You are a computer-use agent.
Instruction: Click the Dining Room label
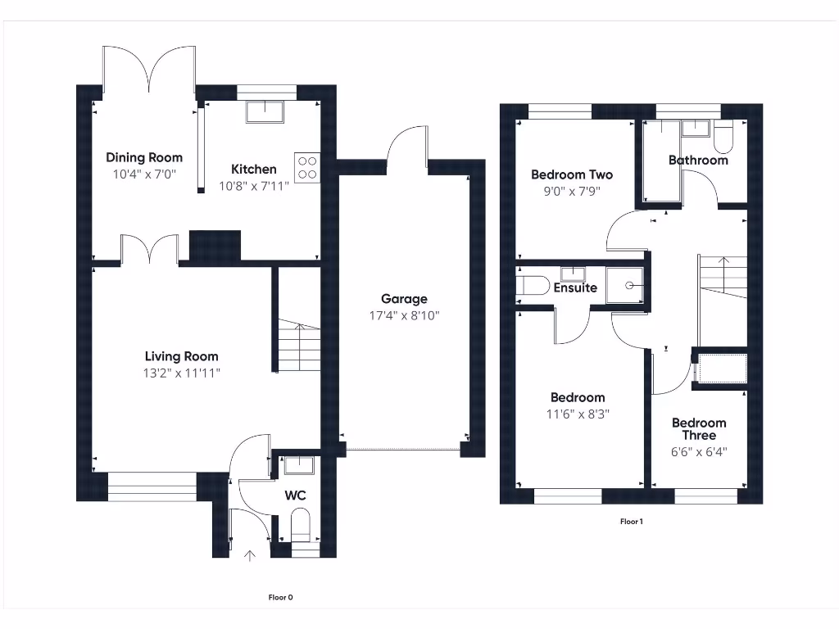click(144, 157)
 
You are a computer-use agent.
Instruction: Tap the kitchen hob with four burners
click(307, 167)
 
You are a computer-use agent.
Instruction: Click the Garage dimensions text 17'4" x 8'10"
click(404, 315)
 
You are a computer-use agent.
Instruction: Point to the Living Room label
click(181, 356)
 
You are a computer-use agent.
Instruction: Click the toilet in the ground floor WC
click(301, 525)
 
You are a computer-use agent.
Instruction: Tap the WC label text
click(296, 496)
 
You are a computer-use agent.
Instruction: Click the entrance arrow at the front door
click(250, 557)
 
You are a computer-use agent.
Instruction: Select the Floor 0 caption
click(280, 597)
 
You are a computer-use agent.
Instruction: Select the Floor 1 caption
click(631, 521)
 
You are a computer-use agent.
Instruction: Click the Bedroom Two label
click(572, 174)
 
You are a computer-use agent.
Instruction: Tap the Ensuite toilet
click(533, 286)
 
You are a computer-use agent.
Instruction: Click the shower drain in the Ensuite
click(629, 286)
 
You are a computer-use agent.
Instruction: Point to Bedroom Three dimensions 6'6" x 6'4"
click(699, 451)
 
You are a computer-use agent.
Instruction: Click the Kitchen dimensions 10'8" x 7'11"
click(254, 186)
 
